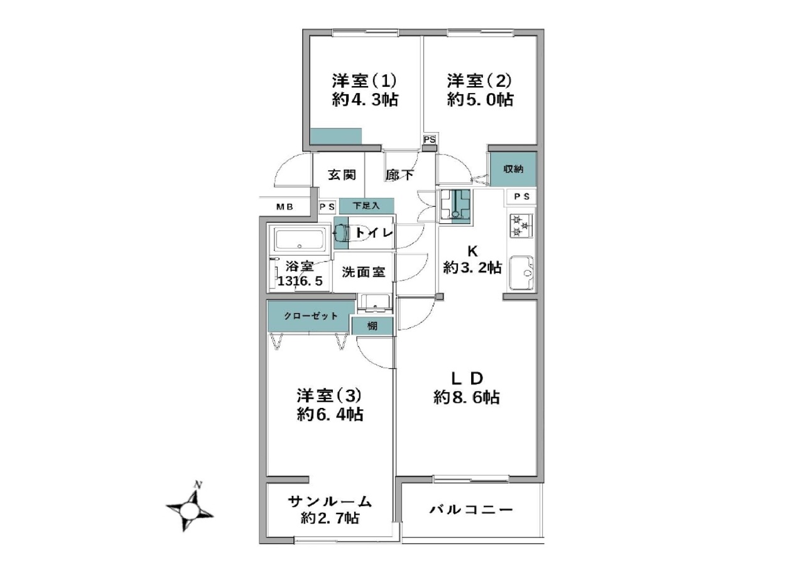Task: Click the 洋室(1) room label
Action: tap(364, 81)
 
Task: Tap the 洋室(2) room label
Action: tap(479, 81)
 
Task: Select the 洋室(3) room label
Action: tap(329, 396)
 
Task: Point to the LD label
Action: tap(467, 378)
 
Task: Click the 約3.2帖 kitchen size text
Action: tap(472, 268)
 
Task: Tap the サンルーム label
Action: tap(330, 501)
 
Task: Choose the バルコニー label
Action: tap(471, 510)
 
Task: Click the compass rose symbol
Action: tap(189, 510)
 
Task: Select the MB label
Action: tap(285, 207)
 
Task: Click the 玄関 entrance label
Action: tap(342, 175)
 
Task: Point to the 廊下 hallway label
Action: tap(400, 175)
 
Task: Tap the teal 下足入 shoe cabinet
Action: tap(366, 206)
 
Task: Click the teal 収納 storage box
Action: tap(514, 169)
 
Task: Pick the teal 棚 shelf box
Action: tap(372, 326)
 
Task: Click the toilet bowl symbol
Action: tap(341, 233)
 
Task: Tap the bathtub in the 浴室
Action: tap(300, 239)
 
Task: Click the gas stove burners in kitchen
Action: tap(521, 225)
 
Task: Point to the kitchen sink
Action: tap(522, 273)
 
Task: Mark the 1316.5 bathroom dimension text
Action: tap(300, 280)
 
